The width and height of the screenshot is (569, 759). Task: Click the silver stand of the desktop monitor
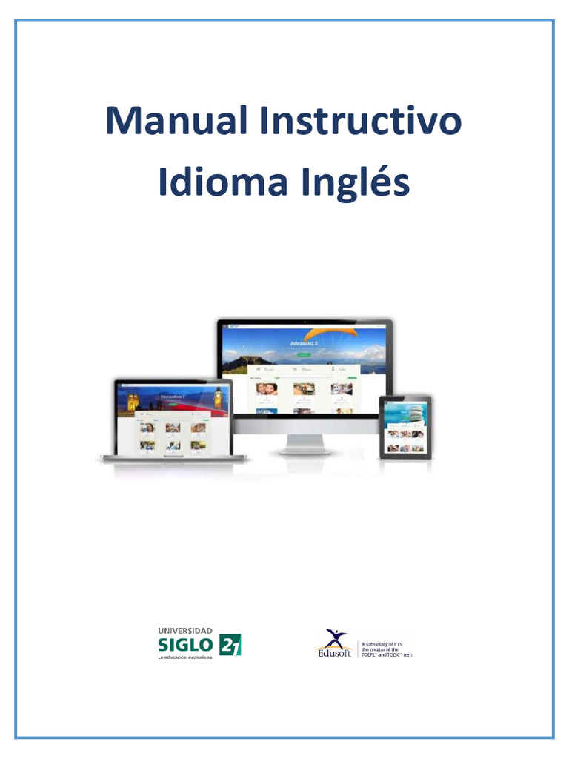click(304, 444)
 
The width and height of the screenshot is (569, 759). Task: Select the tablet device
click(405, 427)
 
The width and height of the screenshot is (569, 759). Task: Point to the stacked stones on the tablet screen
click(416, 411)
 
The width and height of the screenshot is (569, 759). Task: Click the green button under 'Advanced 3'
click(304, 355)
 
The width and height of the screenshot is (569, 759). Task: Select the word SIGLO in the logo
click(185, 643)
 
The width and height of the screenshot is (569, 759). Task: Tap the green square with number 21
click(230, 644)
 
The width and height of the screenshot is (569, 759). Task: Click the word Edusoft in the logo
click(335, 652)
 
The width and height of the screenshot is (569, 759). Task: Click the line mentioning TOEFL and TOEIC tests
click(386, 656)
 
